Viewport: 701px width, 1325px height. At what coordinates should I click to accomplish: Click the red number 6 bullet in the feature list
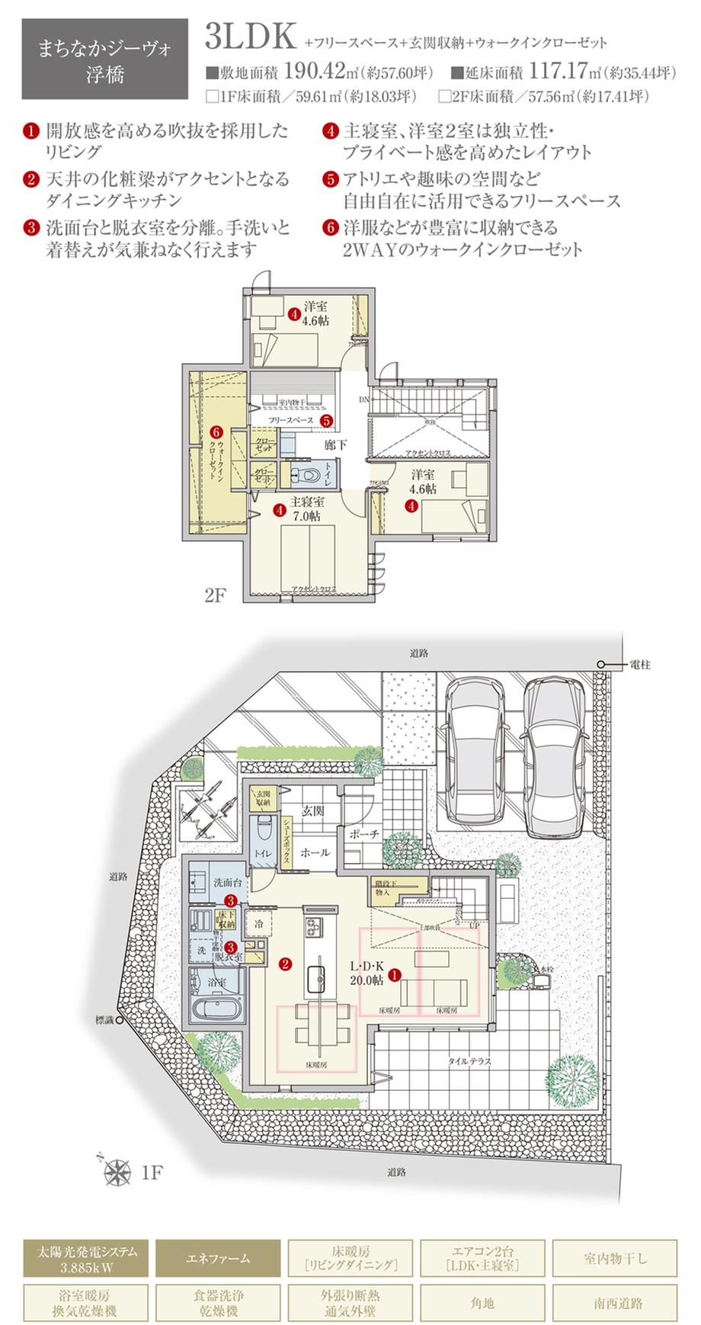click(x=330, y=227)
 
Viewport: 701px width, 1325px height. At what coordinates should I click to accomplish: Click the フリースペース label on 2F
click(x=291, y=421)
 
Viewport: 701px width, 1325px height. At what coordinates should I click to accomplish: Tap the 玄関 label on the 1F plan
click(x=313, y=811)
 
